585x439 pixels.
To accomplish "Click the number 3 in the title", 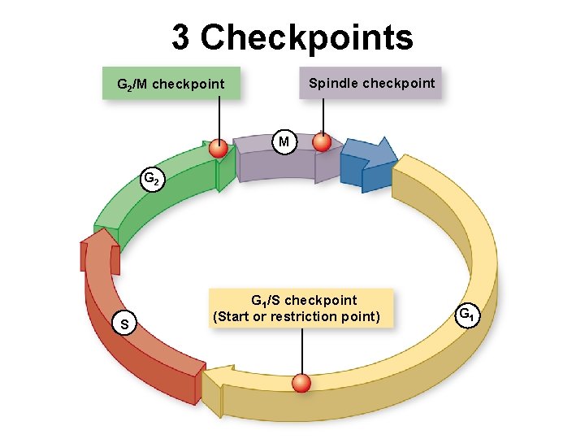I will point(181,37).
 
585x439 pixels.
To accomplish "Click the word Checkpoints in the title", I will point(307,37).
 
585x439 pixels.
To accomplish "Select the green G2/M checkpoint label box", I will point(171,84).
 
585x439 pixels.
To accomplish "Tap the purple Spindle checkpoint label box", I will point(370,83).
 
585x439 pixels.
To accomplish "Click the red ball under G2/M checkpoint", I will point(219,149).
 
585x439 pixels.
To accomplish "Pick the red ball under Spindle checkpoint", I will point(323,142).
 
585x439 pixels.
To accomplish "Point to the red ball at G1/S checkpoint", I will point(302,383).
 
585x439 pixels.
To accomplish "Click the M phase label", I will point(283,143).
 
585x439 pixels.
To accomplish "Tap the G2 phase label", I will point(152,178).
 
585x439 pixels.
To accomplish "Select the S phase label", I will point(123,325).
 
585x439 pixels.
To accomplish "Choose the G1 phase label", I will point(466,314).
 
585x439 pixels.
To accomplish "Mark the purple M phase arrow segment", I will point(276,163).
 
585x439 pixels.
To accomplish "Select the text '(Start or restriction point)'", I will point(296,316).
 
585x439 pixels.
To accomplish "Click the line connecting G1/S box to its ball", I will point(302,350).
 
